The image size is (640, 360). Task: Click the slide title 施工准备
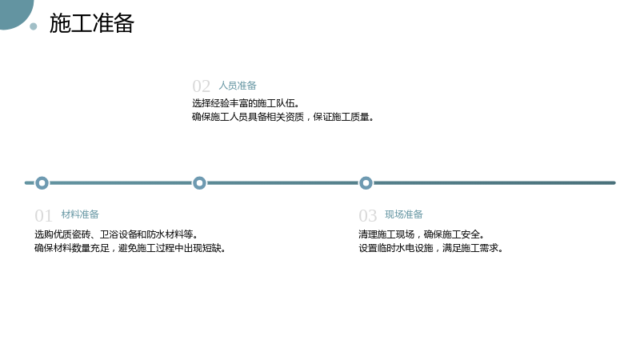click(x=92, y=23)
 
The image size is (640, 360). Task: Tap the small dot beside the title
click(x=34, y=26)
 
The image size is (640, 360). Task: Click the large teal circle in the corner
click(x=14, y=12)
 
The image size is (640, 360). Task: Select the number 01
click(x=43, y=216)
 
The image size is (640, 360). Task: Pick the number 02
click(x=202, y=86)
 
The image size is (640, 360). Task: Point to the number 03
click(x=367, y=216)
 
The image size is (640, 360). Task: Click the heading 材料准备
click(x=80, y=214)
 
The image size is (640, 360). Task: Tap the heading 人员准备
click(x=238, y=86)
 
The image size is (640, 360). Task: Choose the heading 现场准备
click(x=404, y=214)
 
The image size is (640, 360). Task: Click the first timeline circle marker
click(x=42, y=183)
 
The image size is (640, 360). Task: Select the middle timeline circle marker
click(x=199, y=183)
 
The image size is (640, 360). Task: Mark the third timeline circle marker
click(x=366, y=183)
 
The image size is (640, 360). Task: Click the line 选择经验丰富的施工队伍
click(x=246, y=103)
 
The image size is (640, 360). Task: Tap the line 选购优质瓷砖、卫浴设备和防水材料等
click(x=116, y=234)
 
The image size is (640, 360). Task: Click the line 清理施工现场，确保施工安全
click(x=422, y=234)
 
